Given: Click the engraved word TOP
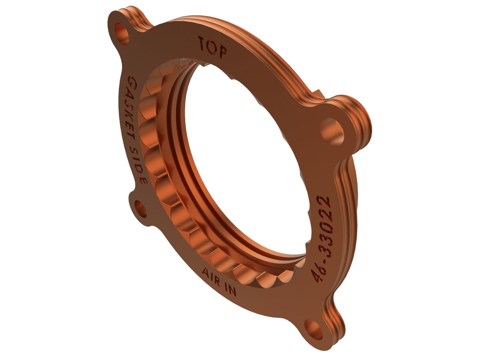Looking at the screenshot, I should [212, 47].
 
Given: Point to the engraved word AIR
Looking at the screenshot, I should [211, 275].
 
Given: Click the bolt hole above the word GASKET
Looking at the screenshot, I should [121, 33].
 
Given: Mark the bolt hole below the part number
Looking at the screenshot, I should [313, 330].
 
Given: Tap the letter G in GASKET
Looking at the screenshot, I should [130, 82].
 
